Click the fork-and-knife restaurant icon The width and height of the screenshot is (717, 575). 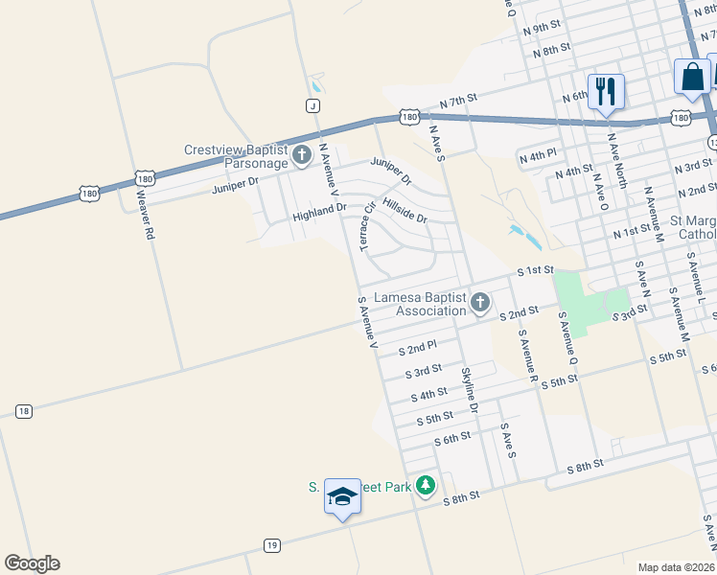(x=605, y=92)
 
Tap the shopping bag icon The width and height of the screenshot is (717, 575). (x=692, y=77)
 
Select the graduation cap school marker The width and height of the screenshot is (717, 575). (x=342, y=495)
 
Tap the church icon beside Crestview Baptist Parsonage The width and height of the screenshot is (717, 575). (x=301, y=154)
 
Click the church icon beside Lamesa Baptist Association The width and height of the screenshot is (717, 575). (x=480, y=304)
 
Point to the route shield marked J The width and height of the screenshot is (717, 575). (x=312, y=104)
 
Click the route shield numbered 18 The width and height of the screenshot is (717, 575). (x=24, y=411)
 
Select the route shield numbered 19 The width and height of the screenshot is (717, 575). (x=271, y=545)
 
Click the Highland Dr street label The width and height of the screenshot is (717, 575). (x=319, y=212)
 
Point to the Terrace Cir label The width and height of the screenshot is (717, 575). (x=366, y=226)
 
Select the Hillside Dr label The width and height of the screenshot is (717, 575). (x=404, y=210)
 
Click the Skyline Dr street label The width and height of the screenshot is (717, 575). (x=469, y=390)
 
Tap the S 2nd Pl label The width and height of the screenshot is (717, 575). (x=417, y=347)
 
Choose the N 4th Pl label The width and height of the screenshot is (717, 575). (x=537, y=155)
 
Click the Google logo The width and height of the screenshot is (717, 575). (x=32, y=563)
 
